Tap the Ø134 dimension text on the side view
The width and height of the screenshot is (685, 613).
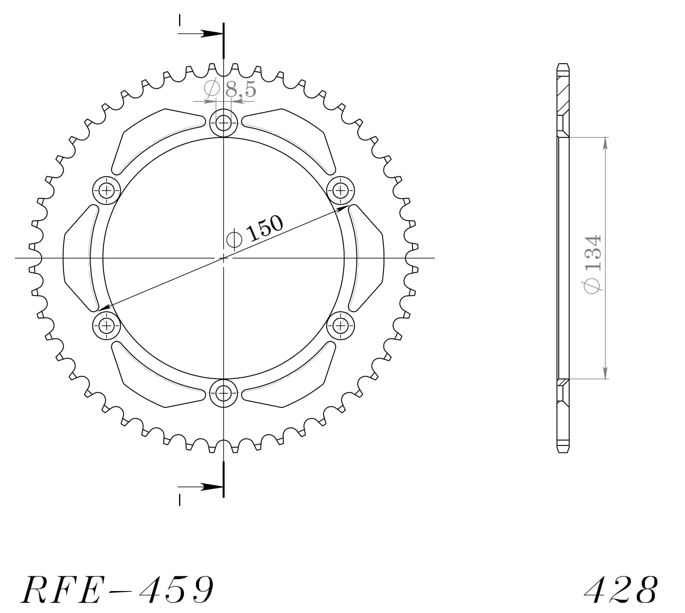[x=593, y=264]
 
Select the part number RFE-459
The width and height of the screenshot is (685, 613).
[x=117, y=589]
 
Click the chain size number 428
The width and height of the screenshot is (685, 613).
[x=621, y=590]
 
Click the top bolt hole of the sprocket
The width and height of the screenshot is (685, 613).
[x=223, y=123]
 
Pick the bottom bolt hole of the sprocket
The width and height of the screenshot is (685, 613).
[x=223, y=392]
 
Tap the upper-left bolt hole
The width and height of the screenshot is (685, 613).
[x=107, y=190]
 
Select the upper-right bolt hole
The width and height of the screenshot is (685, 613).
[x=340, y=190]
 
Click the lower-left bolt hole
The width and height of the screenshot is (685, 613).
[x=107, y=325]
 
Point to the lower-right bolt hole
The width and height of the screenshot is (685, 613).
[x=340, y=325]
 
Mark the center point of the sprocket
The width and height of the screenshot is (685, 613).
[x=223, y=258]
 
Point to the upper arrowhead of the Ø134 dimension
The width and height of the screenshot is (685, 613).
[x=605, y=143]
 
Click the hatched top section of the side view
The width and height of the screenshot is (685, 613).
[x=563, y=94]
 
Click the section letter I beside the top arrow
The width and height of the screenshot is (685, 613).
[x=180, y=21]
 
